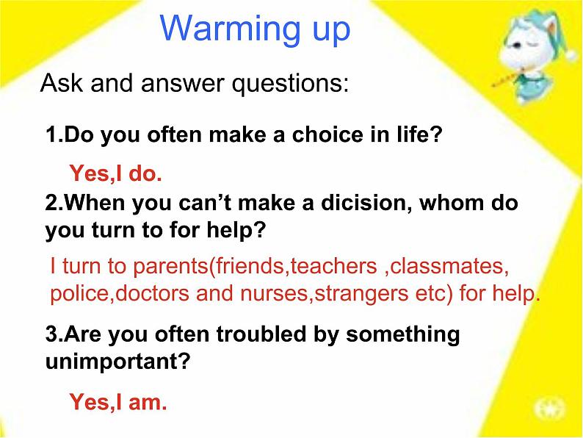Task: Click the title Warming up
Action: tap(255, 29)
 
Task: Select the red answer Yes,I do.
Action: tap(115, 174)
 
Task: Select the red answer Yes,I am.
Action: tap(118, 402)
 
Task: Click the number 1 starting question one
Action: tap(51, 135)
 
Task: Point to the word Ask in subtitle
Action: tap(59, 84)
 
